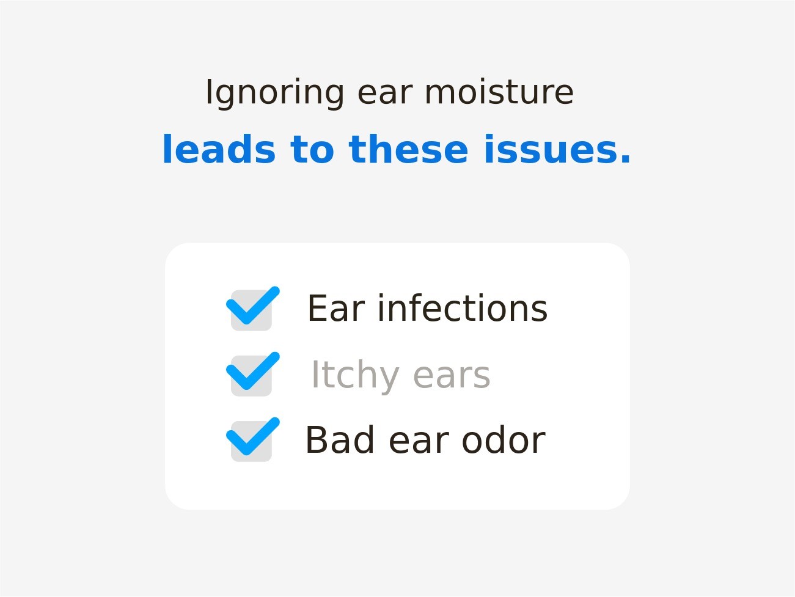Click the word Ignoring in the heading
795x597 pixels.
[x=275, y=93]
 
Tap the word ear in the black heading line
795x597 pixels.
[x=385, y=93]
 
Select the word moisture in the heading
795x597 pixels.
[x=499, y=92]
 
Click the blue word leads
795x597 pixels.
[x=219, y=149]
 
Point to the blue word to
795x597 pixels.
[x=312, y=150]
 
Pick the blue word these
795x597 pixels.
[x=409, y=149]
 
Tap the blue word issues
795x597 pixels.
[x=550, y=149]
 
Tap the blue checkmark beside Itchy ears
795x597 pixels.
[x=252, y=372]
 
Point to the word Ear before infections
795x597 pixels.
[x=337, y=308]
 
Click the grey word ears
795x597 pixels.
[x=452, y=376]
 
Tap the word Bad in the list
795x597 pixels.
[x=340, y=439]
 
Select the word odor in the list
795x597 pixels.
[x=504, y=439]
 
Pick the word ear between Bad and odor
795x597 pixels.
[x=419, y=442]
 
